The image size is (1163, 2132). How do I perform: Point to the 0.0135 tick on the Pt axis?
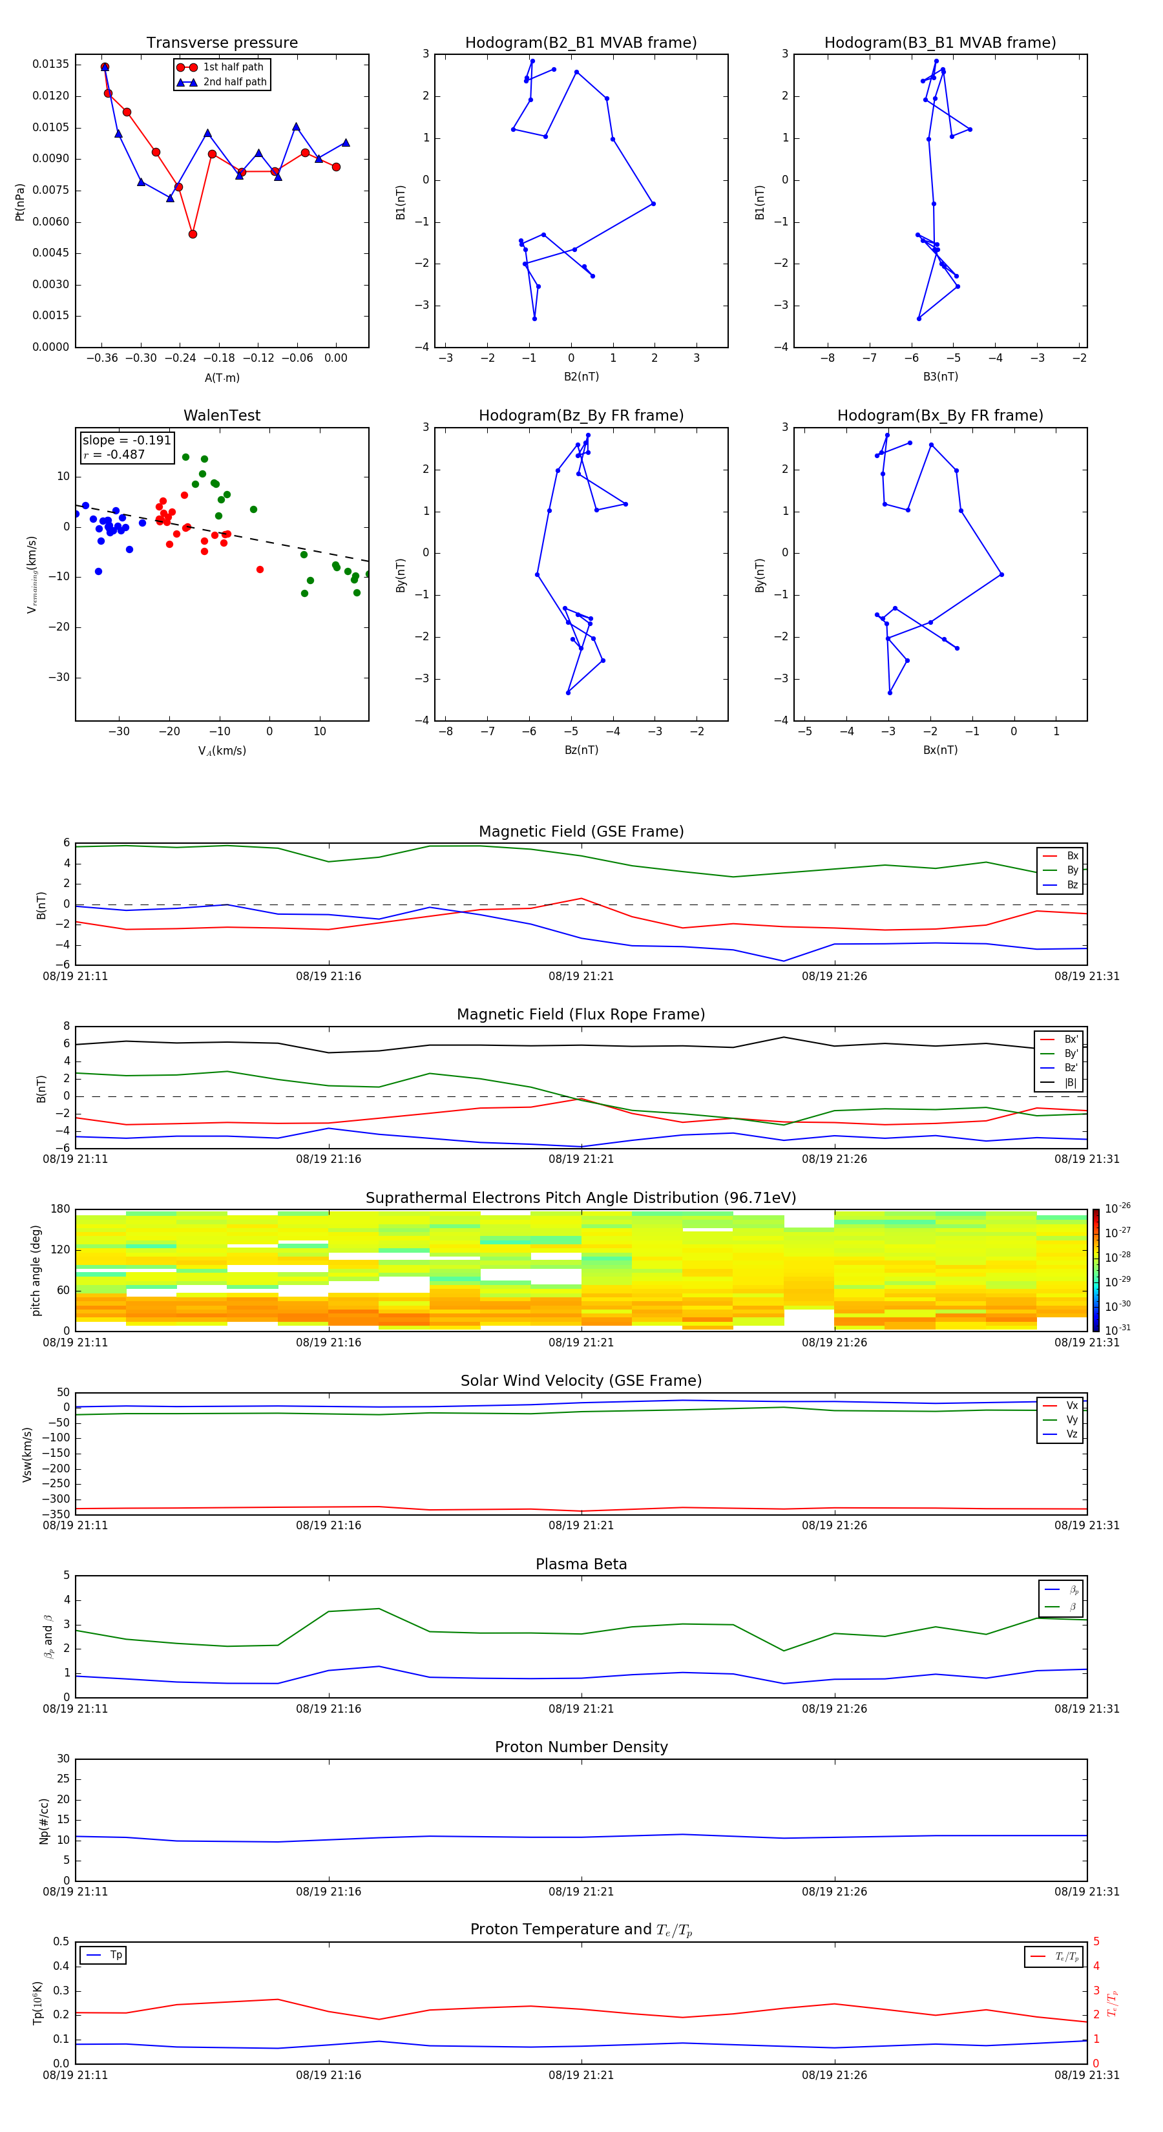(50, 65)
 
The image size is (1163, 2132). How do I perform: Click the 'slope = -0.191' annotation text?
(127, 441)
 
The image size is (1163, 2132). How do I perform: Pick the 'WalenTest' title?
(222, 415)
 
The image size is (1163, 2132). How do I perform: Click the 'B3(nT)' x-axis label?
(940, 377)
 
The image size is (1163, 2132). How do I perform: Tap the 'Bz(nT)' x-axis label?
(581, 750)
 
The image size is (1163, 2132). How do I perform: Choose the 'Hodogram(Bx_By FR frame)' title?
(939, 415)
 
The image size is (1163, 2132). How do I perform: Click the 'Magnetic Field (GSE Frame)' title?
(581, 831)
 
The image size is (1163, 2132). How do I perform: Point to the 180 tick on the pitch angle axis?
(61, 1209)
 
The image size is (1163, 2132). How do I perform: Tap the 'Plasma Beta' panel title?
(581, 1564)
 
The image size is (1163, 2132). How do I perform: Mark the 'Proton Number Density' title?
(581, 1747)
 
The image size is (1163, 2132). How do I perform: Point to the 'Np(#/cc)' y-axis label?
(45, 1821)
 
